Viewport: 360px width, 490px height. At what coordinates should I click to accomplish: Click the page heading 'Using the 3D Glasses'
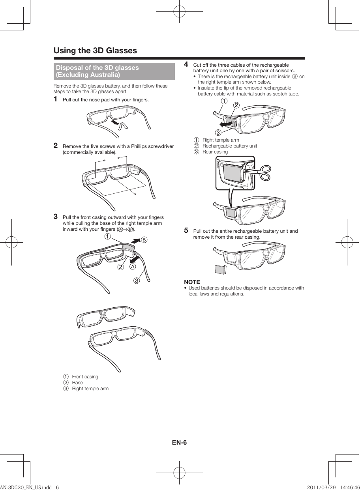(x=95, y=51)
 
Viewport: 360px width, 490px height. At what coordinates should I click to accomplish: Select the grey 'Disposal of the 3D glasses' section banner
(x=114, y=71)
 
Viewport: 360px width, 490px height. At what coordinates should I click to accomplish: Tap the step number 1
(x=56, y=99)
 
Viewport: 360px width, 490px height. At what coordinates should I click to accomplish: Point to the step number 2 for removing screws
(x=56, y=146)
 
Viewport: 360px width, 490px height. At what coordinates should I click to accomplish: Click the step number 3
(x=56, y=216)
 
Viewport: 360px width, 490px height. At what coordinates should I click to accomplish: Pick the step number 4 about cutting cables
(x=186, y=64)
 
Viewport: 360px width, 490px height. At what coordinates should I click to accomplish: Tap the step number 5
(x=186, y=230)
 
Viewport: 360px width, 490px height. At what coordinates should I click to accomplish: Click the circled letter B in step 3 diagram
(x=144, y=239)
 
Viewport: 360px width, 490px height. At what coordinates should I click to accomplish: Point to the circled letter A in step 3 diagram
(x=133, y=266)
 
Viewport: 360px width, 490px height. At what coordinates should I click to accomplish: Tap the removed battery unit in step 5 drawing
(x=220, y=269)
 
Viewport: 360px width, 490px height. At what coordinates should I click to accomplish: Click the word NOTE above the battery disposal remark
(x=192, y=282)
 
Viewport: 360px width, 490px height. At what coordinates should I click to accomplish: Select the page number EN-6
(x=179, y=442)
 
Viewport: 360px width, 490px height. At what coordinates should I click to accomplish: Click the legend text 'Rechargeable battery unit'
(x=229, y=146)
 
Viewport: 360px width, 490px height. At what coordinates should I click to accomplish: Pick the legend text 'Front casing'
(x=85, y=377)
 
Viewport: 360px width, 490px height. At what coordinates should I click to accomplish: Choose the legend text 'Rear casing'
(x=215, y=152)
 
